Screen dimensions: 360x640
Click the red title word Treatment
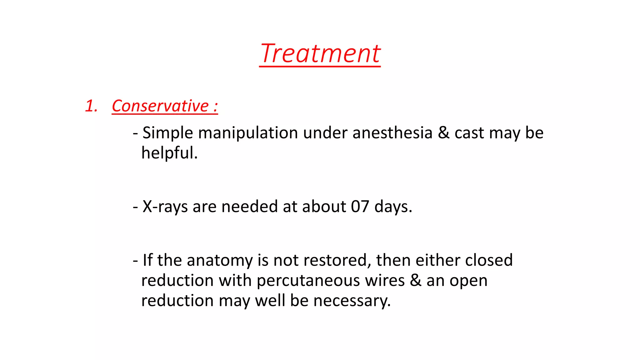pos(320,53)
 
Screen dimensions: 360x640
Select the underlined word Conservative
pos(160,106)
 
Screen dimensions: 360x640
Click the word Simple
pos(168,133)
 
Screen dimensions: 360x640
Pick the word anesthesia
pos(392,133)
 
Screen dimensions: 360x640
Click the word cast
pos(469,133)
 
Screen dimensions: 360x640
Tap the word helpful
pos(169,153)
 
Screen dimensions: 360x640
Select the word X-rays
pos(165,207)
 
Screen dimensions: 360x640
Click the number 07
pos(360,207)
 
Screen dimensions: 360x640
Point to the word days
pos(393,207)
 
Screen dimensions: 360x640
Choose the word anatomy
pos(220,260)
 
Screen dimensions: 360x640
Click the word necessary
pos(352,301)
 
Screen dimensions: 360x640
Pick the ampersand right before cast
pos(443,133)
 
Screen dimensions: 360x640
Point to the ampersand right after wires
pos(416,280)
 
